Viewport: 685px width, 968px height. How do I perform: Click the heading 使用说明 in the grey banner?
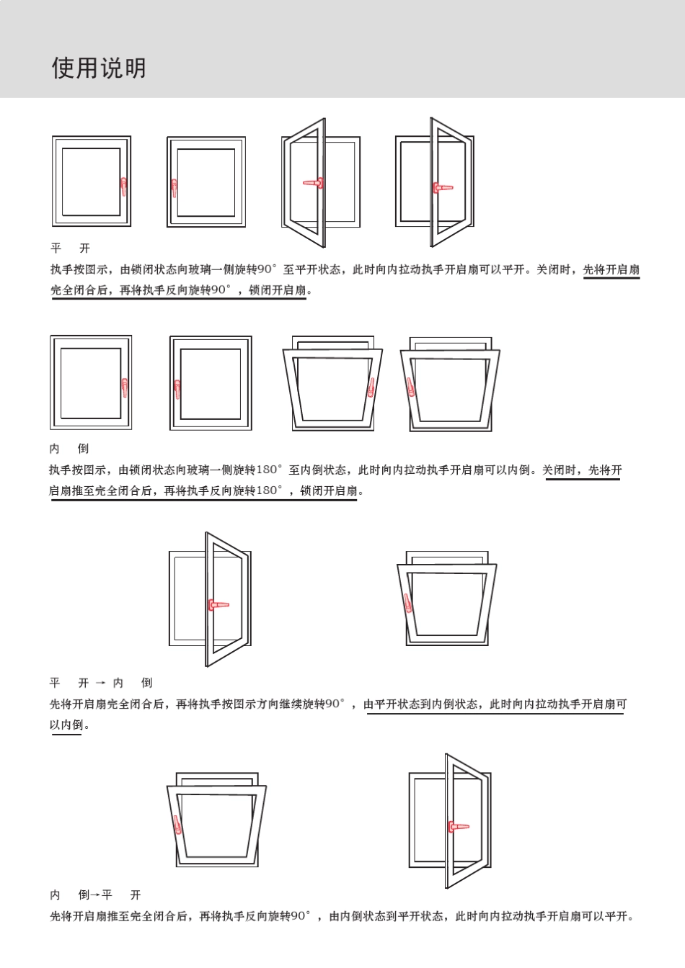[x=99, y=68]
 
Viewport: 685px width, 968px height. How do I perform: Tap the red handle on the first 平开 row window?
[x=123, y=187]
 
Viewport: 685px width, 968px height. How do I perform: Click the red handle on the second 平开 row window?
[x=174, y=189]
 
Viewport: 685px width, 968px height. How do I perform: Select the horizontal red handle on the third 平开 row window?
[x=314, y=184]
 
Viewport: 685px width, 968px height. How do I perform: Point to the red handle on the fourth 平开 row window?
[x=441, y=188]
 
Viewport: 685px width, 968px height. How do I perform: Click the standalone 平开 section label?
[x=70, y=248]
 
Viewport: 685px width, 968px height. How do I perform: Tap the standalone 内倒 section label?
[x=68, y=449]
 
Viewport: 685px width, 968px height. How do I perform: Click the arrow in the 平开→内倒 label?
[x=100, y=683]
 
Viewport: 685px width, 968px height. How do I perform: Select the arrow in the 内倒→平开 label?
[x=94, y=895]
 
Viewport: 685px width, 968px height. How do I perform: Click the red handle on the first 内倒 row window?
[x=125, y=387]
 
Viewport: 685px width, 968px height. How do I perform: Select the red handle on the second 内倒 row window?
[x=177, y=389]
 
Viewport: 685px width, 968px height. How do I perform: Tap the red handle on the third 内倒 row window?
[x=371, y=387]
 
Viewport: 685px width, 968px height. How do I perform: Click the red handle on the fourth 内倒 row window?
[x=410, y=387]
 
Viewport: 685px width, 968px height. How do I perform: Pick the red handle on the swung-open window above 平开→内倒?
[x=217, y=604]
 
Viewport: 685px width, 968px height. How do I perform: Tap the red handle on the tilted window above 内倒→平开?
[x=177, y=824]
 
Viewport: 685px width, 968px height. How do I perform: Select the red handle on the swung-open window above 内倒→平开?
[x=457, y=826]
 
